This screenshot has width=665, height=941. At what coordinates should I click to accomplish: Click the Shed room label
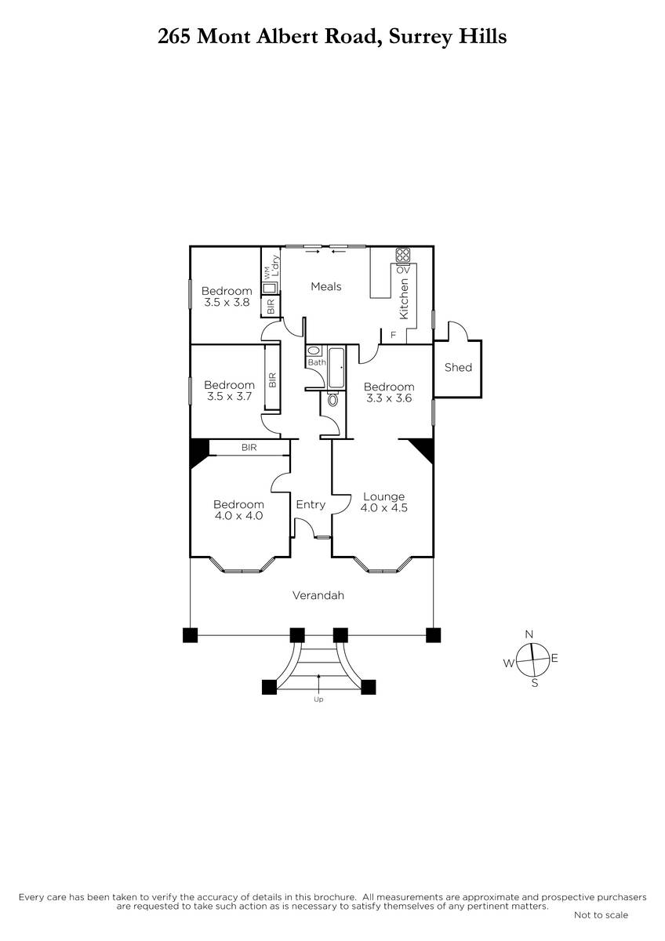click(x=458, y=367)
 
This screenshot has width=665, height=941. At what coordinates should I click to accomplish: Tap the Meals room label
click(x=326, y=286)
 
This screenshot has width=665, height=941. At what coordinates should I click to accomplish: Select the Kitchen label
click(x=404, y=299)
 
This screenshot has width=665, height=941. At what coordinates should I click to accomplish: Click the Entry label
click(x=311, y=504)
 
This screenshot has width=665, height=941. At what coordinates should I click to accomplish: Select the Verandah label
click(x=318, y=595)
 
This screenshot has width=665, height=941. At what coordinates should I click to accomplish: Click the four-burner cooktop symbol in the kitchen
click(x=403, y=255)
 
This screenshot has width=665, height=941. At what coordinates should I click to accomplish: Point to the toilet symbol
click(x=332, y=398)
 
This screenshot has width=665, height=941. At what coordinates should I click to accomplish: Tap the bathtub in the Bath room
click(x=336, y=368)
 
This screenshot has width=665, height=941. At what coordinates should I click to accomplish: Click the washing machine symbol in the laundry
click(x=269, y=289)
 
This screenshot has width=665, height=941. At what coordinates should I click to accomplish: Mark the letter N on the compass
click(x=529, y=634)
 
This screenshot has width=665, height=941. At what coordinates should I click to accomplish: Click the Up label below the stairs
click(x=318, y=699)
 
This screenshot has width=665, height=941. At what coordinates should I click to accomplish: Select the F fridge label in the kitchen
click(x=393, y=336)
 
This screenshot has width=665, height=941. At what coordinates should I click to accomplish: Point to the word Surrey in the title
click(x=420, y=38)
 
